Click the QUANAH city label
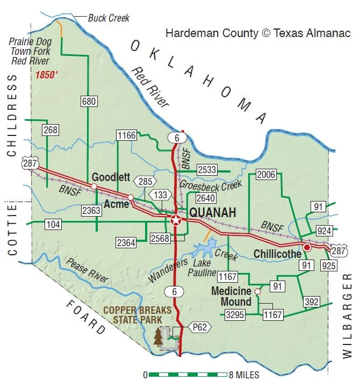(x=213, y=213)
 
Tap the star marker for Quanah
(x=176, y=220)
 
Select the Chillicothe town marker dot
(x=307, y=247)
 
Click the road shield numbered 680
(x=89, y=100)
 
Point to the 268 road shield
(x=51, y=130)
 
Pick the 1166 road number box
(x=126, y=135)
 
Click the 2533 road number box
(x=207, y=170)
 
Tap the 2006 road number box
(x=266, y=174)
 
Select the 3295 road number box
(x=235, y=314)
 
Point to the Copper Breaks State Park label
(x=137, y=315)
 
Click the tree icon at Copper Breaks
(x=157, y=336)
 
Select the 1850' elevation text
(x=47, y=76)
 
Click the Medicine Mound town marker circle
(x=257, y=291)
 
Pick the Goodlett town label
(x=111, y=177)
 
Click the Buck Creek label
(x=109, y=19)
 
